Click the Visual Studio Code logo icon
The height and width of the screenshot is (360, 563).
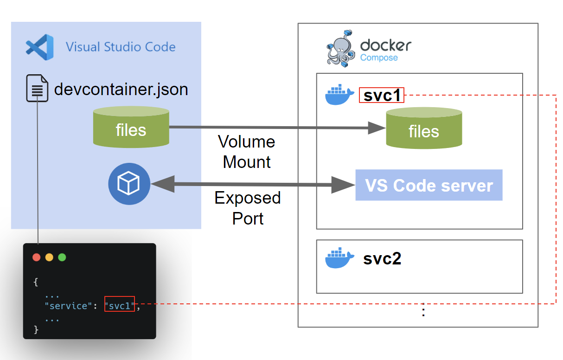pos(39,47)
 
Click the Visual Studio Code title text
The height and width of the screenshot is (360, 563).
pos(121,47)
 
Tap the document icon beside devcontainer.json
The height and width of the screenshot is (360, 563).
pos(37,88)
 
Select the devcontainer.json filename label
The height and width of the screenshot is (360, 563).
pos(121,89)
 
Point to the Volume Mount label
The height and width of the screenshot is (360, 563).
pos(247,152)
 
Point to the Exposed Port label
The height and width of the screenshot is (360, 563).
pos(248,208)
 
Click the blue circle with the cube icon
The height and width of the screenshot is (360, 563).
pos(129,184)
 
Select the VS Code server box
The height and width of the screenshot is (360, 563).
pos(429,186)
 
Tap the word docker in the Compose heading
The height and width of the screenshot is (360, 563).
pos(385,45)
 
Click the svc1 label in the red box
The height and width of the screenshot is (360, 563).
pos(382,96)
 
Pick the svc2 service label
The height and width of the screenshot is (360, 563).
pos(382,258)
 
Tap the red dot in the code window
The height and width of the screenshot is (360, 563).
pos(37,257)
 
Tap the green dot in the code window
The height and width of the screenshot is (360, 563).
pos(62,257)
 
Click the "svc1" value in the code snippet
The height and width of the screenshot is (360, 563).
pos(120,306)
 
